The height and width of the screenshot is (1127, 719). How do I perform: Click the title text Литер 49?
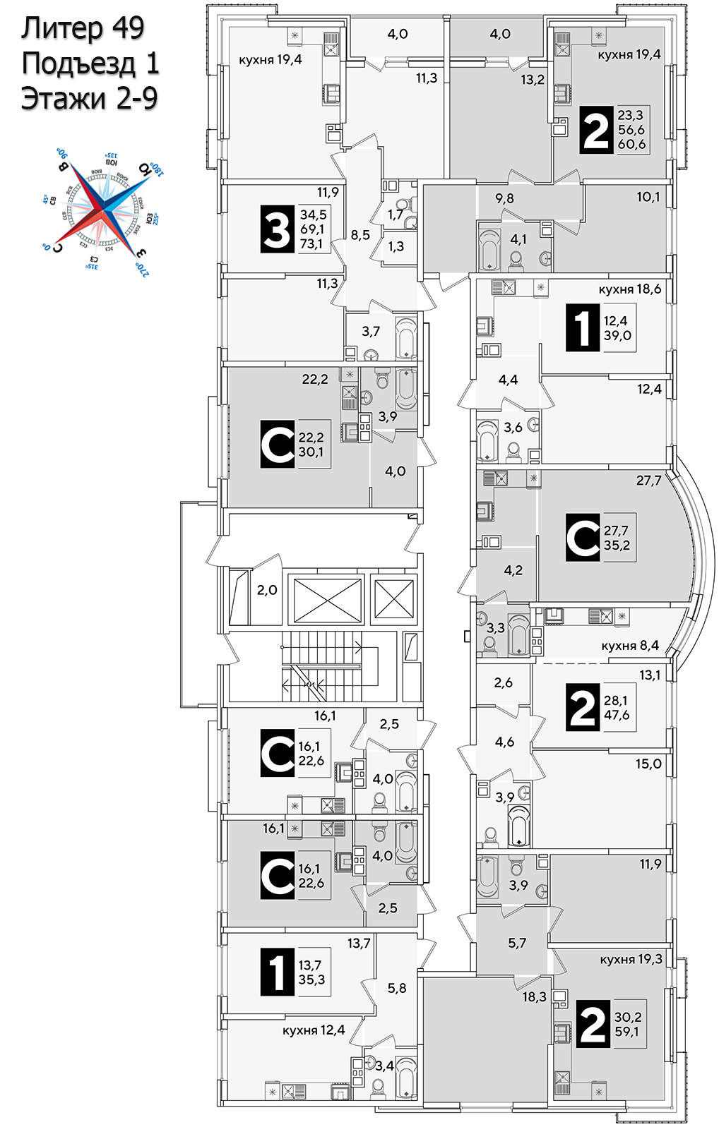point(83,28)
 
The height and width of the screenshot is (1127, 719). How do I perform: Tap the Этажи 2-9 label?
point(89,98)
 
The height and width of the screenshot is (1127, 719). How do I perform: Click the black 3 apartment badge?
point(277,229)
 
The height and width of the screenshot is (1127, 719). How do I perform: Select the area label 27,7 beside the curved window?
point(648,481)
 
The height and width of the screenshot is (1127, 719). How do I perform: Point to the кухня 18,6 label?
point(629,289)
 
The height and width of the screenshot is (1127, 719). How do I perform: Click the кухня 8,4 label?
point(630,645)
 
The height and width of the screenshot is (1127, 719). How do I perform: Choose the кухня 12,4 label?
point(314,1030)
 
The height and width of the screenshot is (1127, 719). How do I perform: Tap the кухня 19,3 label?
point(631,959)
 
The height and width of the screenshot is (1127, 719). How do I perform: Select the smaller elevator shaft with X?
point(394,598)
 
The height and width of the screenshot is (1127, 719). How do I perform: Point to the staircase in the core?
point(321,667)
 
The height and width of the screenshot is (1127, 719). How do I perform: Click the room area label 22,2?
point(315,379)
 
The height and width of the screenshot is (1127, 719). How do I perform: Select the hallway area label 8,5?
point(360,235)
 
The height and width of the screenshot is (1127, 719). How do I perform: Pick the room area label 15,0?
point(648,764)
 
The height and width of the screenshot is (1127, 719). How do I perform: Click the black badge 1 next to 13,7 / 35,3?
point(277,972)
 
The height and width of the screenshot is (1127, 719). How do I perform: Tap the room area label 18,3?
point(535,996)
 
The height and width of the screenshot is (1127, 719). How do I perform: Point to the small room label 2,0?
point(267,590)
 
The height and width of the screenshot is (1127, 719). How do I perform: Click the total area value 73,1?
point(311,244)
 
